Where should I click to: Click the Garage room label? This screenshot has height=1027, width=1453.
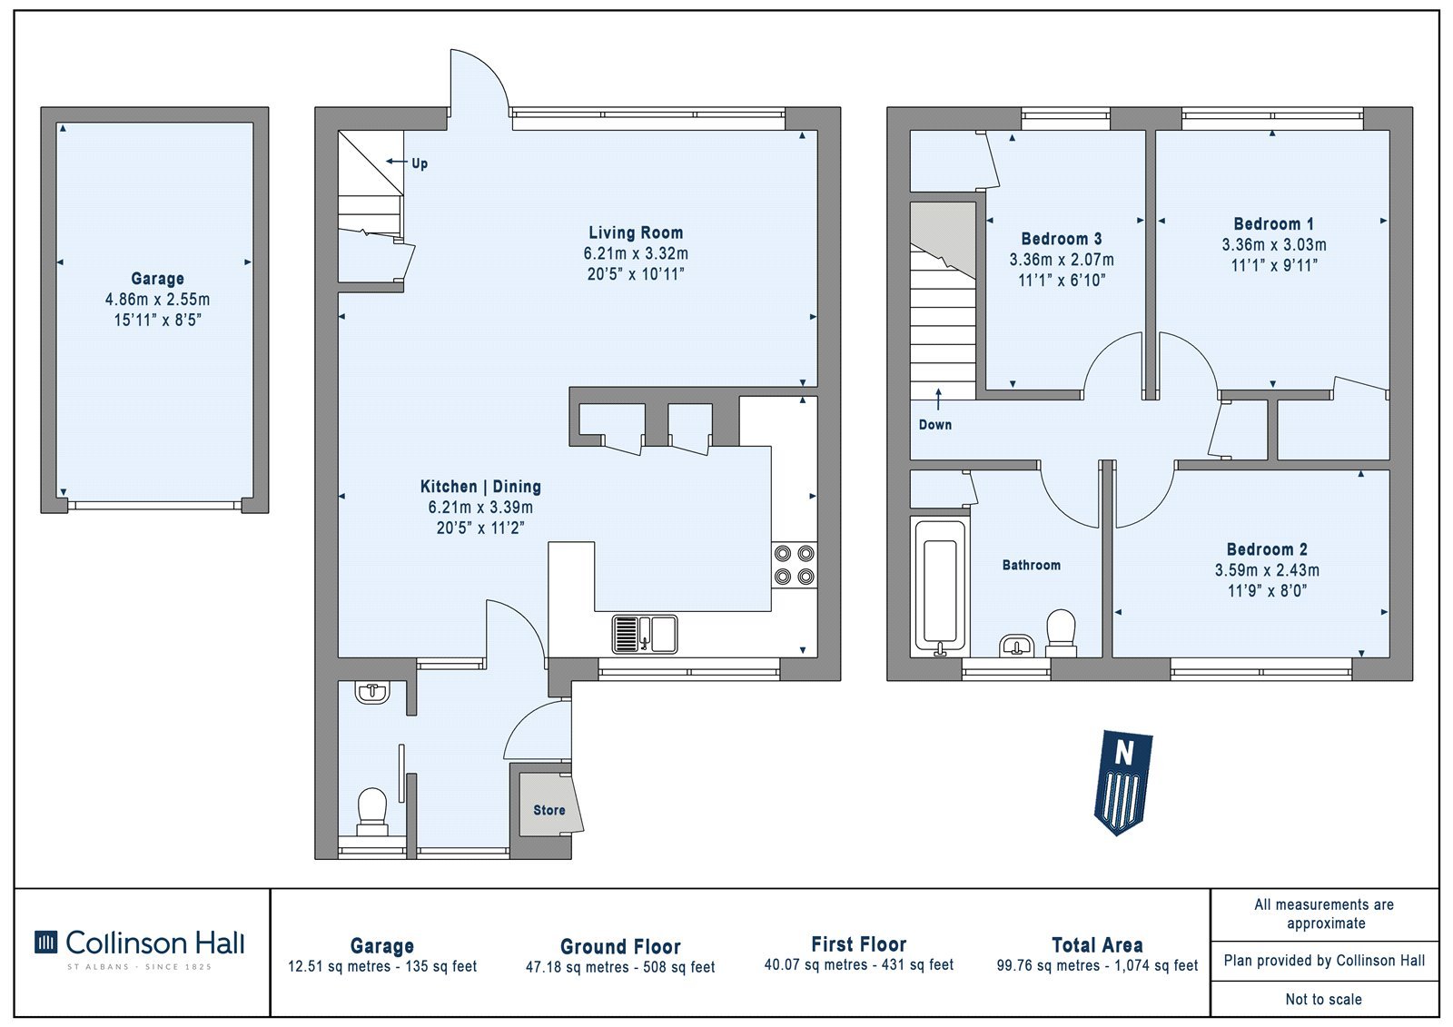click(158, 279)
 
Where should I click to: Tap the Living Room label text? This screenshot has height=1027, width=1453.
click(636, 232)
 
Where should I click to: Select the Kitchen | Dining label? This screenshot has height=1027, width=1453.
click(480, 487)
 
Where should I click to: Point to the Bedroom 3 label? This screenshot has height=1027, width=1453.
click(1062, 240)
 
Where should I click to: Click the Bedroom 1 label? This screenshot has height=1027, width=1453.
click(1274, 224)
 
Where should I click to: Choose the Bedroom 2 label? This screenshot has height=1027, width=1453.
click(1267, 550)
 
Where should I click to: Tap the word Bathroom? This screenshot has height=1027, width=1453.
click(1032, 565)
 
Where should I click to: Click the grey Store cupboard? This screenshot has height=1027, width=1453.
click(549, 804)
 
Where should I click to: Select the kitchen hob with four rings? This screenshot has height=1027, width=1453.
click(795, 565)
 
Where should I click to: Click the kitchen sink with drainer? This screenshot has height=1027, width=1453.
click(645, 634)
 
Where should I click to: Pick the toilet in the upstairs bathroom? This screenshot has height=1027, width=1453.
click(1061, 633)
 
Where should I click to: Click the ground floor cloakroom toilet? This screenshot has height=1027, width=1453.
click(372, 812)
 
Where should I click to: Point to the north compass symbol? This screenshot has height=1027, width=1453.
click(1122, 783)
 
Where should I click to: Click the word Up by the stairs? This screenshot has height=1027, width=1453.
click(420, 163)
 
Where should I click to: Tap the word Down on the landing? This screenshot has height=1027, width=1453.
click(935, 425)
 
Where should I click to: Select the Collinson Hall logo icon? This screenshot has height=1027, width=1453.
click(45, 942)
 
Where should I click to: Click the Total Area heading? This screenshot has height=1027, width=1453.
click(1098, 945)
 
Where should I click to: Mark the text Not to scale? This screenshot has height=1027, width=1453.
click(1324, 1000)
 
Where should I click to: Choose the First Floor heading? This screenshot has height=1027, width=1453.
click(859, 944)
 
